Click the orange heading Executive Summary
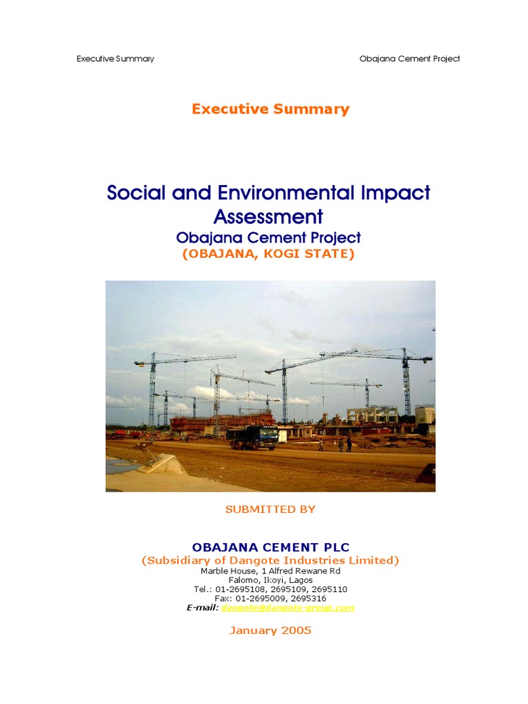(x=270, y=109)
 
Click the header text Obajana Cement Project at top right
(x=409, y=58)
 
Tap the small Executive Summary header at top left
(x=115, y=58)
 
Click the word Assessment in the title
(x=268, y=217)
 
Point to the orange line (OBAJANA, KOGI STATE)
(x=268, y=254)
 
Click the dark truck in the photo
(x=252, y=437)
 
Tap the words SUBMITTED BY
(x=270, y=509)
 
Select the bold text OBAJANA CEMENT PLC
(x=270, y=547)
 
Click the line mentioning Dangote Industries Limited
(x=270, y=560)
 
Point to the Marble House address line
(x=270, y=571)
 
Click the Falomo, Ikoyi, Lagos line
(x=270, y=580)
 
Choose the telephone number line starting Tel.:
(x=270, y=590)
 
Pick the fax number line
(x=270, y=599)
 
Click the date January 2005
(x=270, y=630)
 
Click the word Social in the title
(x=135, y=192)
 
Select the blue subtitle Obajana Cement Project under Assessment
(x=268, y=238)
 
